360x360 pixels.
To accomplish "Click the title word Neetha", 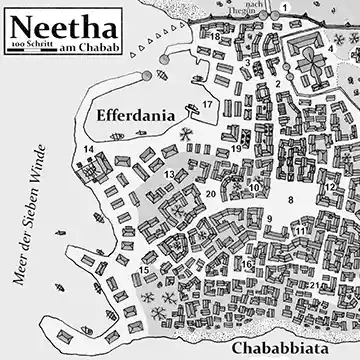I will pyautogui.click(x=60, y=22).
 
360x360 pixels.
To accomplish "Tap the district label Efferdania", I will pyautogui.click(x=144, y=117).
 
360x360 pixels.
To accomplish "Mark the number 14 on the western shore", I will pyautogui.click(x=89, y=150).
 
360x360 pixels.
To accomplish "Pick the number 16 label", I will pyautogui.click(x=246, y=265).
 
